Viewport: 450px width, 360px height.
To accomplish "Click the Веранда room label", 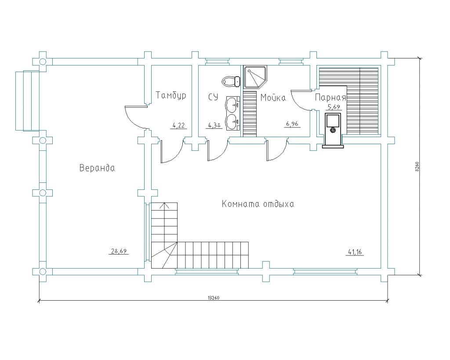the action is (x=97, y=168).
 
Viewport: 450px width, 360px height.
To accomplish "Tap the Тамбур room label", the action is (x=171, y=95).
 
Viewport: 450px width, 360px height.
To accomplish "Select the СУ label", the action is (x=213, y=97).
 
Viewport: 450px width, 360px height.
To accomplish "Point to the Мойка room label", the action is (x=273, y=98).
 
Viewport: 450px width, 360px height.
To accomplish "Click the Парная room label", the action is (x=330, y=98).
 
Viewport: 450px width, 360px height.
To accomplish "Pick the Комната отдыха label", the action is (x=258, y=204).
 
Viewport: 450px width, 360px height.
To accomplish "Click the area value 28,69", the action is (x=119, y=251).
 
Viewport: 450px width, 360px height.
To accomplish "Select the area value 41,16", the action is (x=355, y=252).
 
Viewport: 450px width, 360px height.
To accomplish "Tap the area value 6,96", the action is (x=292, y=124).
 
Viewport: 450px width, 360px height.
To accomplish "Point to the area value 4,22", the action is (x=178, y=125).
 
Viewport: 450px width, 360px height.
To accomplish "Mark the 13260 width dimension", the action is (x=214, y=298).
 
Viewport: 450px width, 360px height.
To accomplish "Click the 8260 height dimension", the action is (x=417, y=167).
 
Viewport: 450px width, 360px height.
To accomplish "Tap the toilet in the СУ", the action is (x=231, y=81).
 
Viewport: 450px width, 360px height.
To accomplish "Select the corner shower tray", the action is (x=255, y=77).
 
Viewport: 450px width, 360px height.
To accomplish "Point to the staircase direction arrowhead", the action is (x=164, y=205).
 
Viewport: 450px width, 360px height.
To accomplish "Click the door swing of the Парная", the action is (x=301, y=100).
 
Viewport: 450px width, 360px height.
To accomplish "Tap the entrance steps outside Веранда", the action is (x=27, y=101).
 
